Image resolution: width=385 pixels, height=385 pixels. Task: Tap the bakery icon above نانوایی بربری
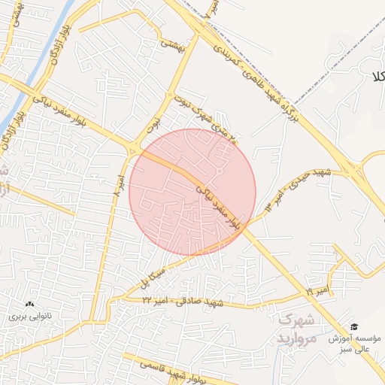29,305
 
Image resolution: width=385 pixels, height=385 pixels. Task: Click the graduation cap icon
353,327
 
